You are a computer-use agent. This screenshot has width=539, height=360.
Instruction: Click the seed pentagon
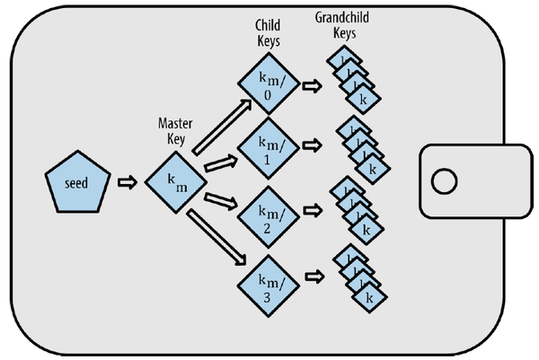(77, 185)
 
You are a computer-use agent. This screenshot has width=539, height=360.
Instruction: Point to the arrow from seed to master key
(127, 183)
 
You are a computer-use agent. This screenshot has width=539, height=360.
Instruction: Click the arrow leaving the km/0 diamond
(312, 87)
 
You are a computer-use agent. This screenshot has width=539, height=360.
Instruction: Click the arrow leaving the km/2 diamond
(312, 214)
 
